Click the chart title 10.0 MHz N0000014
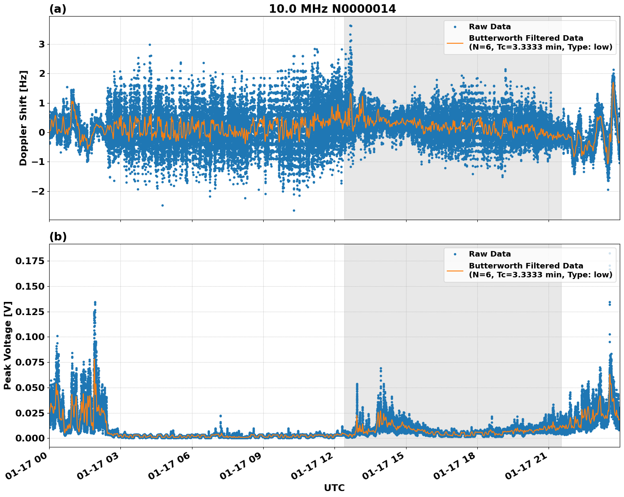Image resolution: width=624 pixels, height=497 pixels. (x=332, y=8)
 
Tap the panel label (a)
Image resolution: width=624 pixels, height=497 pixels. (x=58, y=9)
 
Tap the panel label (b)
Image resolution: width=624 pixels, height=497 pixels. (x=58, y=237)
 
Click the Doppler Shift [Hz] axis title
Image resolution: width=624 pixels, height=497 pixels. (x=23, y=118)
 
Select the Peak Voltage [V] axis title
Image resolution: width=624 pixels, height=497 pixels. (x=8, y=345)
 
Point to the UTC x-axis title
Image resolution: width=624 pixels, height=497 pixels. (x=334, y=488)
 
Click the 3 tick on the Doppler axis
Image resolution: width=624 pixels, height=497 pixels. (x=42, y=44)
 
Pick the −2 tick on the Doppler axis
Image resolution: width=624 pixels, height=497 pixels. (x=38, y=191)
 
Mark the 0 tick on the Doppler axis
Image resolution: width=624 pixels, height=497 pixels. (x=42, y=132)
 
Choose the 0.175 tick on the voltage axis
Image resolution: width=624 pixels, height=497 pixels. (x=30, y=261)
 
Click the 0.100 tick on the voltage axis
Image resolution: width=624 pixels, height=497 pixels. (x=30, y=337)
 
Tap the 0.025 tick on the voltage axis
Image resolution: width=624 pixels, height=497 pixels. (x=30, y=413)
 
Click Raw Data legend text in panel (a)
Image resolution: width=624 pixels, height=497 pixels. (x=490, y=27)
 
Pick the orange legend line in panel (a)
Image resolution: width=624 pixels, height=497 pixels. (x=455, y=43)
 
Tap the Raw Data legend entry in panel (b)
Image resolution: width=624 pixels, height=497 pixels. (x=490, y=254)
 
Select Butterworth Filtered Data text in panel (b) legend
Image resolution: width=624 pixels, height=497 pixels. (x=526, y=266)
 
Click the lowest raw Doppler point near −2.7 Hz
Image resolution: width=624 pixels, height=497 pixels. (x=294, y=210)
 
